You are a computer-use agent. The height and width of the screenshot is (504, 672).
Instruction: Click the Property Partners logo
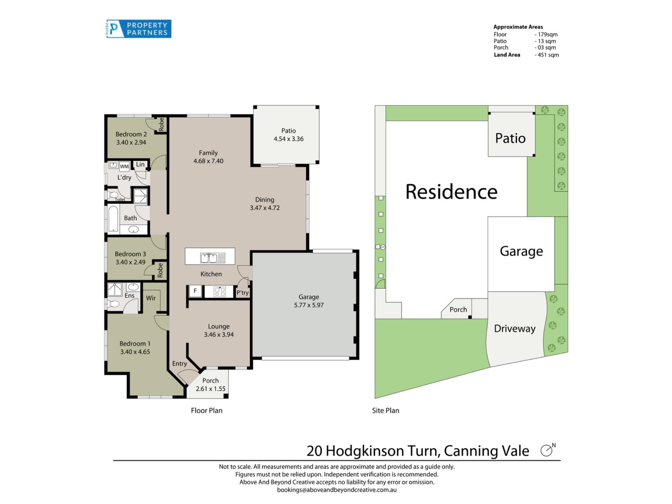[139, 29]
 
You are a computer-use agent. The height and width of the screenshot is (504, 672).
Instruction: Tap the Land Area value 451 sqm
[547, 55]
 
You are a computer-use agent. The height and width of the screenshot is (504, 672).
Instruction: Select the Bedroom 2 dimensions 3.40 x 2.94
[131, 142]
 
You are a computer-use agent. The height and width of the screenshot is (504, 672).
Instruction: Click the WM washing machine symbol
[124, 166]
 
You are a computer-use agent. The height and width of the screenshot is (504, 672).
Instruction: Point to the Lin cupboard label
[140, 164]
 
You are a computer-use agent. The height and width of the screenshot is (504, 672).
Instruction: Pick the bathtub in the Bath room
[113, 219]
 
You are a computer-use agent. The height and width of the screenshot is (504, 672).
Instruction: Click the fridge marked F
[195, 291]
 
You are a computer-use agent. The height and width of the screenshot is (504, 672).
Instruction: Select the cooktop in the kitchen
[219, 291]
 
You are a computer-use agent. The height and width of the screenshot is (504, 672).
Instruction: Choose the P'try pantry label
[243, 293]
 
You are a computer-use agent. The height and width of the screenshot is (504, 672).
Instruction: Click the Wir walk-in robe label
[151, 298]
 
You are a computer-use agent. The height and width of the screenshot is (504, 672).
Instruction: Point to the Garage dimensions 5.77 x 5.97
[309, 305]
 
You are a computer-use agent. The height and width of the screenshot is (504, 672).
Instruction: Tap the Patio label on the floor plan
[288, 131]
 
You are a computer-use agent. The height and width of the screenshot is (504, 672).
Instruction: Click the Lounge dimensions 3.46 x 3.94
[219, 335]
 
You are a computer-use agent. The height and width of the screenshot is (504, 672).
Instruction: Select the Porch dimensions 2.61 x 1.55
[211, 389]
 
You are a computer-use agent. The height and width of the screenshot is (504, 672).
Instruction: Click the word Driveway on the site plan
[515, 329]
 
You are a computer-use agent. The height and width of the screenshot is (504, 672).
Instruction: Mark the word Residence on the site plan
[451, 192]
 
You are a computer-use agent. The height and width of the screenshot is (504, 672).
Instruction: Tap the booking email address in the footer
[337, 490]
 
